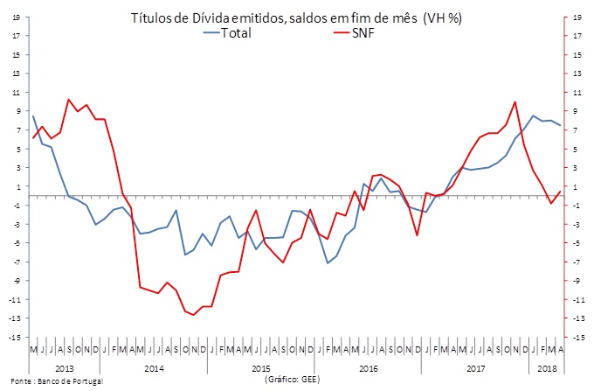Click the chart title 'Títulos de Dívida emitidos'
pyautogui.click(x=296, y=17)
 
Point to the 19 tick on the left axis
pyautogui.click(x=17, y=17)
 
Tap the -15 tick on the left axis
pyautogui.click(x=16, y=337)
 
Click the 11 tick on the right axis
pyautogui.click(x=577, y=92)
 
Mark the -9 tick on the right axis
pyautogui.click(x=577, y=280)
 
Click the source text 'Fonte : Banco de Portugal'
pyautogui.click(x=52, y=382)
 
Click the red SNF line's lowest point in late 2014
pyautogui.click(x=194, y=315)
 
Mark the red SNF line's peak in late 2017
pyautogui.click(x=515, y=102)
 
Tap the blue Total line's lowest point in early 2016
pyautogui.click(x=328, y=263)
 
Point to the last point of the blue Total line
pyautogui.click(x=560, y=126)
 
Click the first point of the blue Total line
pyautogui.click(x=33, y=116)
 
